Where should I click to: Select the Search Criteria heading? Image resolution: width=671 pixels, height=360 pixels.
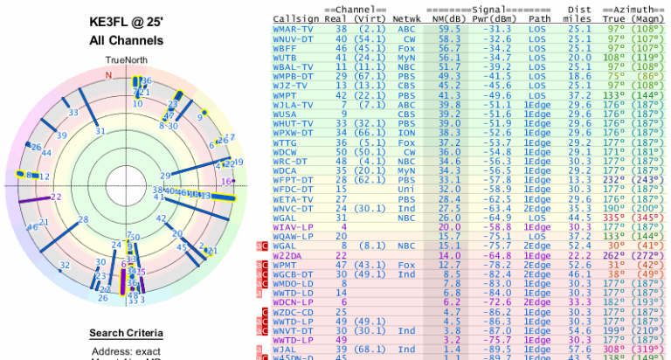pos(126,333)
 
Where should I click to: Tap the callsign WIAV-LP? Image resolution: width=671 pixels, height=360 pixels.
pos(292,225)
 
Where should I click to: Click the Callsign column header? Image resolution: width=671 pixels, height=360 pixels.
pos(295,17)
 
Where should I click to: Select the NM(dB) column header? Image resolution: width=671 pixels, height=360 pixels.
pos(442,17)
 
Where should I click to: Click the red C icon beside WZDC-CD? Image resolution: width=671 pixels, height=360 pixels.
pos(260,312)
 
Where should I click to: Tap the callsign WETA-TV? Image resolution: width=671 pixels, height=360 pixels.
pos(292,197)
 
